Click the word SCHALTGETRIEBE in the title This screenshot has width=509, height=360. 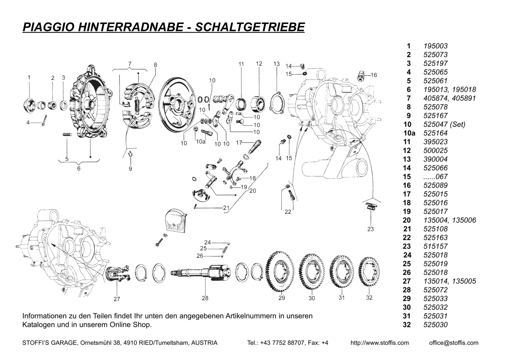[250, 27]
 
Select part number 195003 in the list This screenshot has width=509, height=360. [436, 46]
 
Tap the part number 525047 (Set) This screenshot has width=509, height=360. [444, 124]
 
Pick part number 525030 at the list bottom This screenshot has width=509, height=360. [436, 325]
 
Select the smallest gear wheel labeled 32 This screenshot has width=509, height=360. [369, 273]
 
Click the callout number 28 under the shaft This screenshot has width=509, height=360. [205, 298]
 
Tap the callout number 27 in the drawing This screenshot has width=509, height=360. [117, 299]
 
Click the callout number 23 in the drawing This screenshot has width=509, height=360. [371, 229]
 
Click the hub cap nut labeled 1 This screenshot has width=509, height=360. [29, 104]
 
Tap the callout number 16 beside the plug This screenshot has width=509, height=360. [374, 75]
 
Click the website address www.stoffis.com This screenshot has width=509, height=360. [380, 343]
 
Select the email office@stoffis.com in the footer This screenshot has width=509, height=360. [454, 343]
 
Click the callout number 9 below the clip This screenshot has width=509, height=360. [130, 169]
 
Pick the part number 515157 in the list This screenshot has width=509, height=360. [436, 246]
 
